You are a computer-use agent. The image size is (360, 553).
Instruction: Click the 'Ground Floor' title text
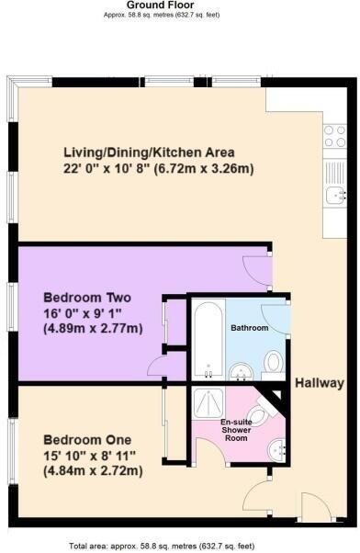point(180,6)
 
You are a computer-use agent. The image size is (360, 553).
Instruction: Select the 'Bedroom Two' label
point(87,299)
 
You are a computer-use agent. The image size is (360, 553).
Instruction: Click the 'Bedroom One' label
point(86,439)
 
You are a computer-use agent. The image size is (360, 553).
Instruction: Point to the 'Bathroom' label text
point(249,328)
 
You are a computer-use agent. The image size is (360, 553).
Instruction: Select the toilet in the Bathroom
point(272,364)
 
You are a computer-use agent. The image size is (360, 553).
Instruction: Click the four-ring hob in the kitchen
point(335,136)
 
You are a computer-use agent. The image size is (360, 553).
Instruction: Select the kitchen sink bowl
point(334,194)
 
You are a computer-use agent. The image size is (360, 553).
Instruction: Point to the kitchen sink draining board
point(334,173)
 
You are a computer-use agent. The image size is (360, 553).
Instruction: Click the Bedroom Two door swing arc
point(260,270)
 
